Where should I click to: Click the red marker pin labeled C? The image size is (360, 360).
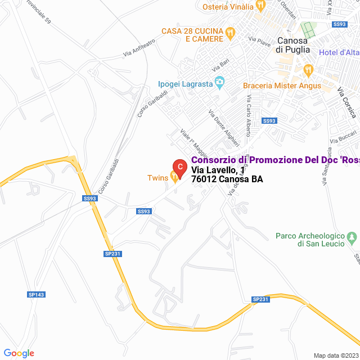[179, 167]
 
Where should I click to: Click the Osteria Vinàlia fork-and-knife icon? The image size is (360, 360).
[260, 6]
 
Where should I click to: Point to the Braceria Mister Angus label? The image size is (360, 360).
[282, 85]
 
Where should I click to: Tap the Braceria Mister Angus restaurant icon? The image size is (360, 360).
[308, 70]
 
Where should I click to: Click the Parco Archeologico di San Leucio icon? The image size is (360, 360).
[352, 237]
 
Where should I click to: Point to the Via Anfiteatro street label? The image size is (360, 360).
[138, 49]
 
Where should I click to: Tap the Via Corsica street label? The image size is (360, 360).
[347, 102]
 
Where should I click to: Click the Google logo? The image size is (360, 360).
[19, 353]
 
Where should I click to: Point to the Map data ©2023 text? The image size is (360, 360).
[335, 355]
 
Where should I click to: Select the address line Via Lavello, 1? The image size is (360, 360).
[218, 170]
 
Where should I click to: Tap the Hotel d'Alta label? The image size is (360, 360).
[339, 53]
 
